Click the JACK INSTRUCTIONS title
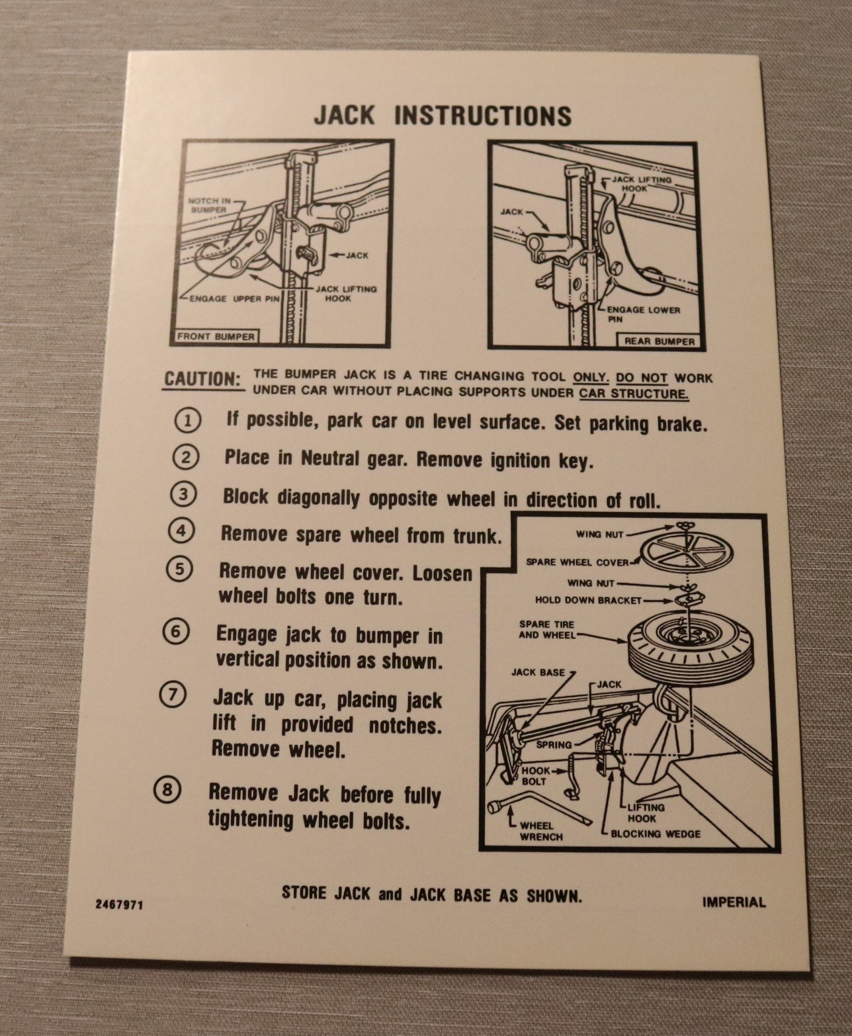(x=443, y=116)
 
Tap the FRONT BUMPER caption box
(x=216, y=337)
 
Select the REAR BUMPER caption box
(x=659, y=341)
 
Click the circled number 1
(x=187, y=421)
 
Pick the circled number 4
(x=181, y=531)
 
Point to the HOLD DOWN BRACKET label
(x=588, y=600)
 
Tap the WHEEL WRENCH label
(x=540, y=831)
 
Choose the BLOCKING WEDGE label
(x=656, y=834)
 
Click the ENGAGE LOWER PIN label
(x=643, y=314)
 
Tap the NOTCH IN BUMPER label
(x=209, y=205)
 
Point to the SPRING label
(x=554, y=744)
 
